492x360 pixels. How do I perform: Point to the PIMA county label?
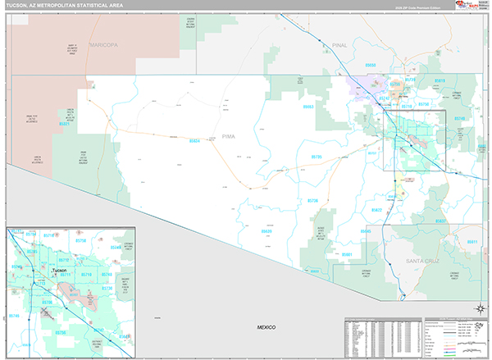click(x=229, y=137)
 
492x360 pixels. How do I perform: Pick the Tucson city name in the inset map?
click(x=58, y=270)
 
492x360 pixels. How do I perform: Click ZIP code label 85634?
click(x=194, y=141)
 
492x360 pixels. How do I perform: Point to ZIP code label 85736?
click(x=313, y=201)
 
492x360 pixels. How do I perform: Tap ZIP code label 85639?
click(x=266, y=232)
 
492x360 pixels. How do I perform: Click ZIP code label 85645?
click(x=366, y=232)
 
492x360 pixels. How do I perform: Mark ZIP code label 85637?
click(x=441, y=221)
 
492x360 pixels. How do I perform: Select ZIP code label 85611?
click(x=471, y=242)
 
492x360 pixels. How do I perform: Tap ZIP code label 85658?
click(x=371, y=65)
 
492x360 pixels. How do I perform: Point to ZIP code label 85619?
click(x=440, y=80)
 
